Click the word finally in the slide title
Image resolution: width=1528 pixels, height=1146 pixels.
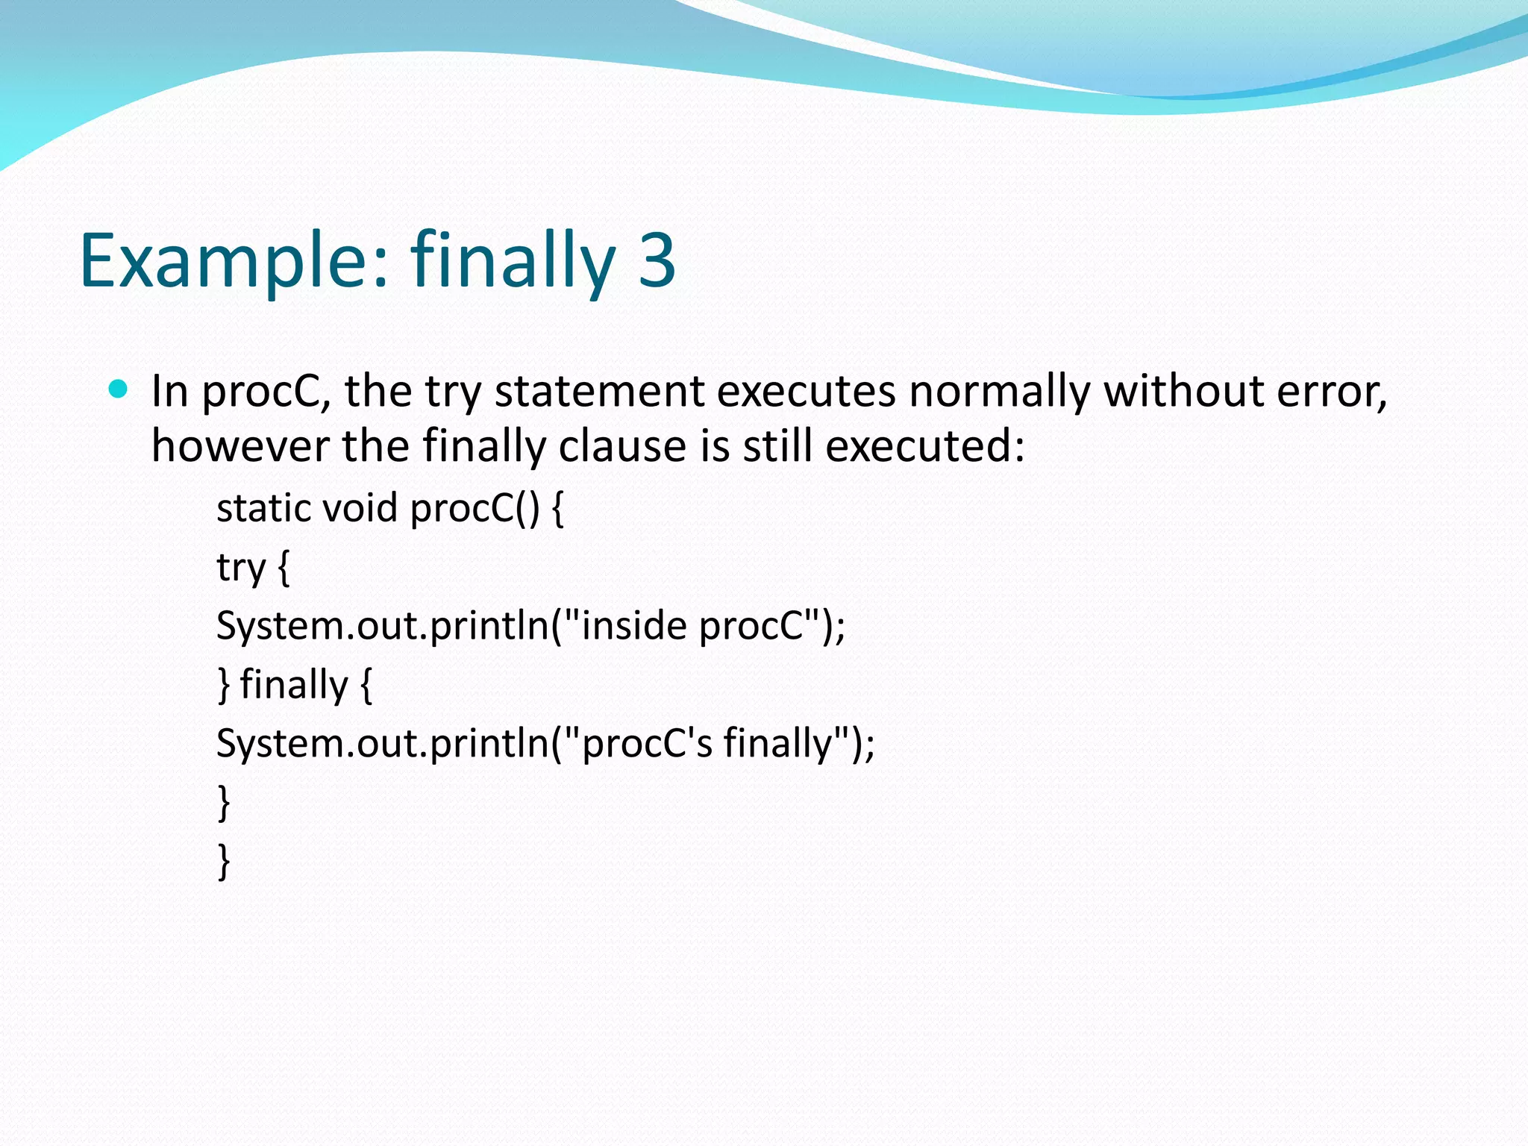(x=512, y=261)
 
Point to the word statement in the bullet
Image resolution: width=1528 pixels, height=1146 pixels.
(x=599, y=391)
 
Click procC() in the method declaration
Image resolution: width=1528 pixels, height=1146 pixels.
(x=475, y=508)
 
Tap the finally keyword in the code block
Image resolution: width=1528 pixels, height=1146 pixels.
(x=294, y=685)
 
